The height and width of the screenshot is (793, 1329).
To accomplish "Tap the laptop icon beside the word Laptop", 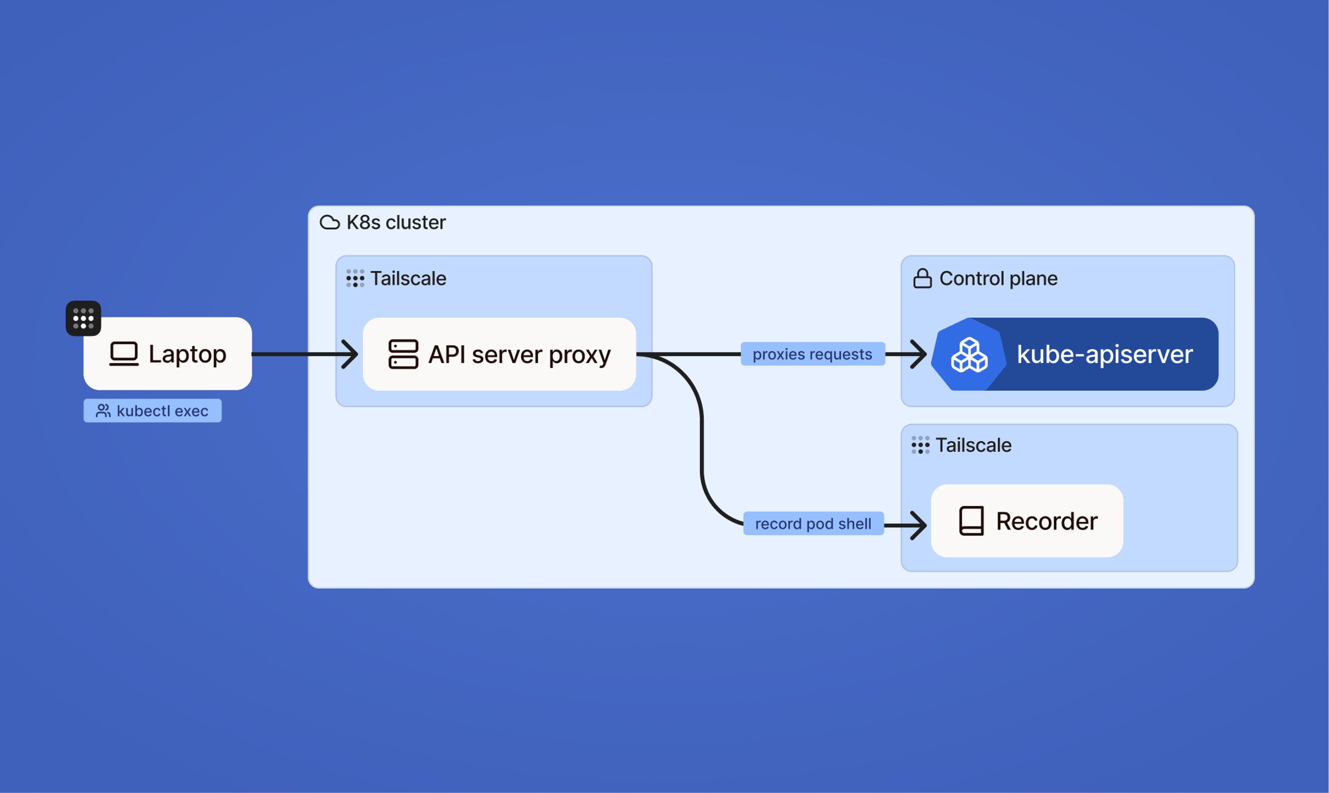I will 124,354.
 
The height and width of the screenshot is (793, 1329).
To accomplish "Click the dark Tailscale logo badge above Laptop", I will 83,318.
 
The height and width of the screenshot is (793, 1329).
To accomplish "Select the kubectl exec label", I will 153,411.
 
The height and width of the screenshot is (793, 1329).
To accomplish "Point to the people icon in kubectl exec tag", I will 103,411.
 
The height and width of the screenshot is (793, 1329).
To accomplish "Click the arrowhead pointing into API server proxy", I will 350,354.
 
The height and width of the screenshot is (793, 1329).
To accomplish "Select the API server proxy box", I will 499,354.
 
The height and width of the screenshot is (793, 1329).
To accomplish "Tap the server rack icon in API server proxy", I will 403,354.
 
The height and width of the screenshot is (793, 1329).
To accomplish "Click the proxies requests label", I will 813,354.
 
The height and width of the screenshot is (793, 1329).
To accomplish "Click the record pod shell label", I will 813,524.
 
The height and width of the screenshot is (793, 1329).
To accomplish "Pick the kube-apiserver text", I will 1105,354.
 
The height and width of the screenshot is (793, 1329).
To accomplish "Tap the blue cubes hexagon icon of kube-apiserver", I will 969,355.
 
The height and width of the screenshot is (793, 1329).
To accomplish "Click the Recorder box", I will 1027,521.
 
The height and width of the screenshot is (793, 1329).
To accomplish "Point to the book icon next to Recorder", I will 971,521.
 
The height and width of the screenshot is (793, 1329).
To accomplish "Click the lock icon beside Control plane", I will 922,278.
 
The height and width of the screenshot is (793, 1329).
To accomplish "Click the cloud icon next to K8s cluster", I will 329,222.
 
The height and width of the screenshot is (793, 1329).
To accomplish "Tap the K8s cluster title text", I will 396,222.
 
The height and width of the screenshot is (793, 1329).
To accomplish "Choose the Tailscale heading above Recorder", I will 973,445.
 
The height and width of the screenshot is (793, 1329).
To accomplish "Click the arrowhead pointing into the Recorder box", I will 919,525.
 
